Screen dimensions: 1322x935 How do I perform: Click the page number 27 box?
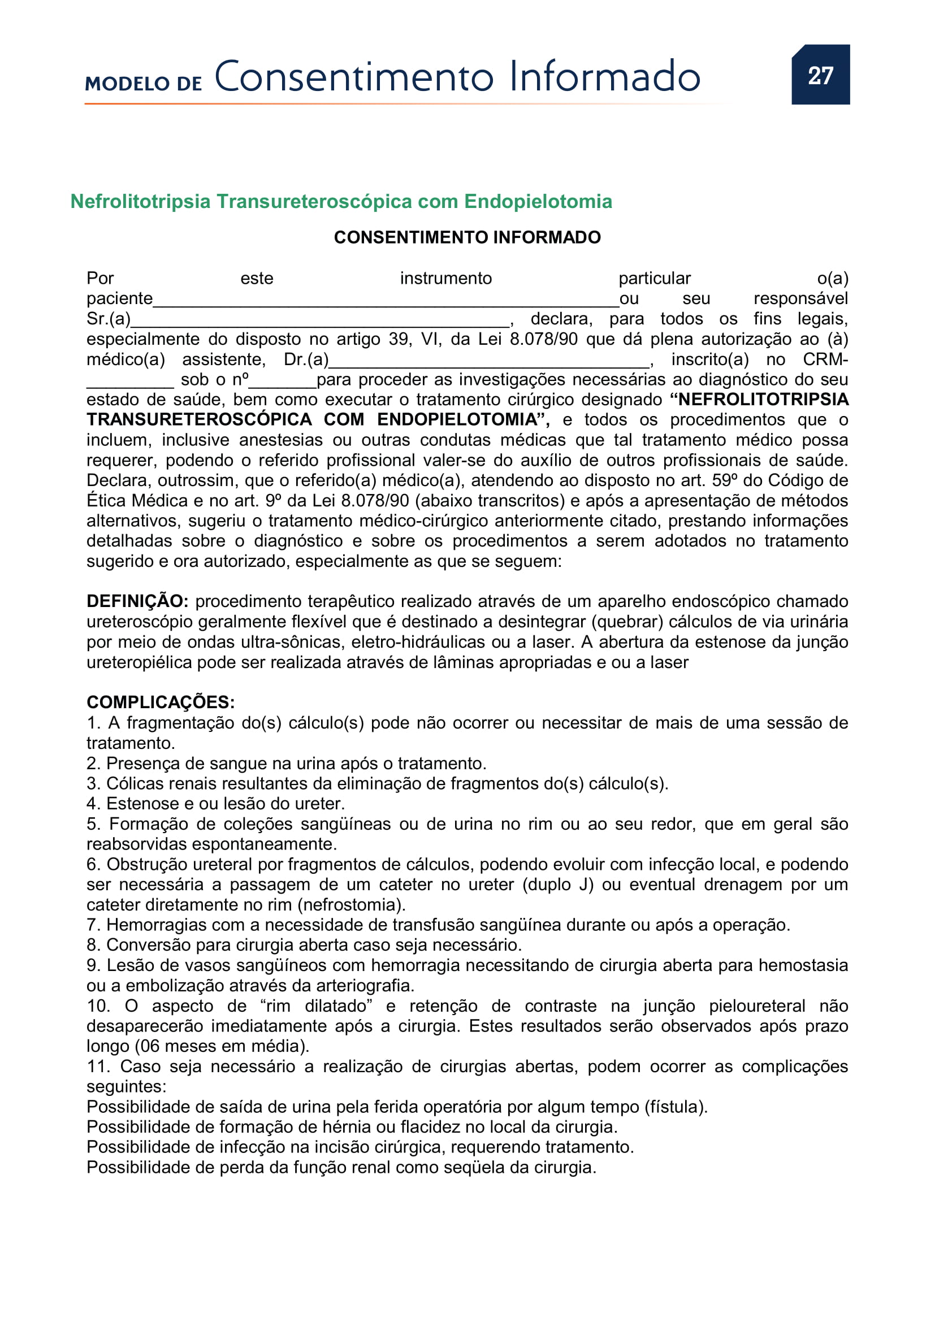pos(820,75)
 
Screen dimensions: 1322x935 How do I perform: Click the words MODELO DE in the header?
pos(144,84)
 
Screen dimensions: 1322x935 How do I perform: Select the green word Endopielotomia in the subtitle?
pos(538,202)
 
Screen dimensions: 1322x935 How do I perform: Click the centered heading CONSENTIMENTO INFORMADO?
pos(467,237)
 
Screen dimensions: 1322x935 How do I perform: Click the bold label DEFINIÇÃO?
pos(137,601)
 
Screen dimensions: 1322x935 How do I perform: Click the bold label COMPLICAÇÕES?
pos(161,702)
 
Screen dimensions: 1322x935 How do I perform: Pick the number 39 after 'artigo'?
pos(399,339)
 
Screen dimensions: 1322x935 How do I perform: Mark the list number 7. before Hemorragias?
pos(93,925)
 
